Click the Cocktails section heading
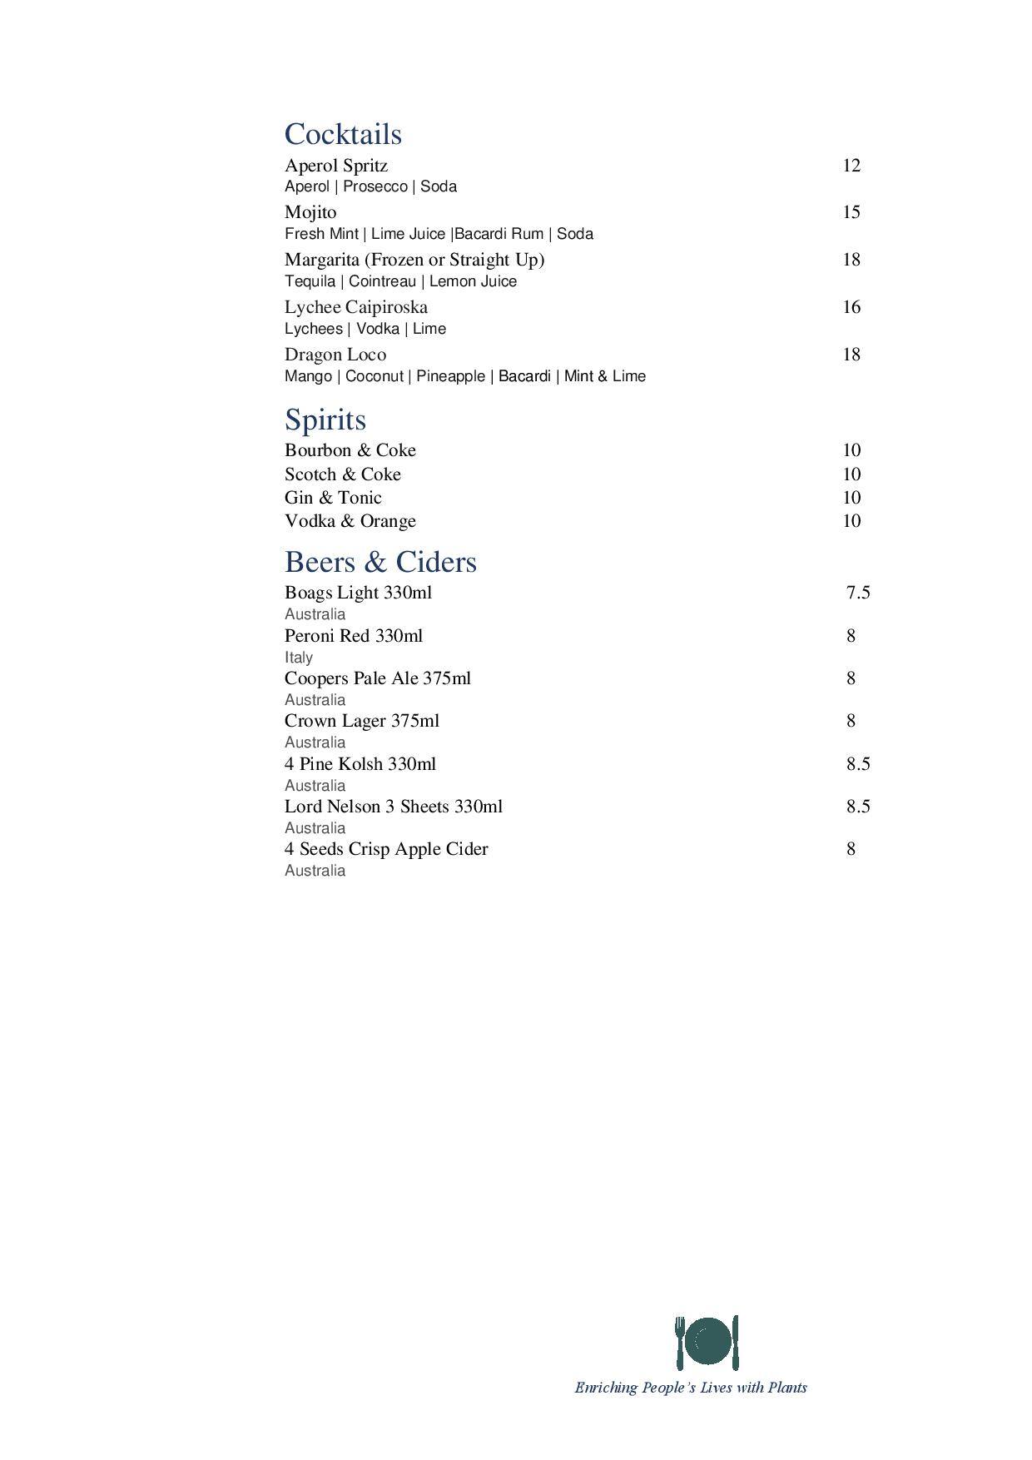343,134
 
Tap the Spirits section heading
325,420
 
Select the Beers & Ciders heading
380,562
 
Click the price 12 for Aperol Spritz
851,166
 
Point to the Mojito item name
310,212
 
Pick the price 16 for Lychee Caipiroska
851,307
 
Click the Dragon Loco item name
335,355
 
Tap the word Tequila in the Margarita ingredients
310,281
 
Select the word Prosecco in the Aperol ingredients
375,186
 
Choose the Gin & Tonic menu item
333,498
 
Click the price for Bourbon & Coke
851,450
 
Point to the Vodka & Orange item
350,521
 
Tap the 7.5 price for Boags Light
858,593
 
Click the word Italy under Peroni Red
298,658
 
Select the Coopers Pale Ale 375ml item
377,678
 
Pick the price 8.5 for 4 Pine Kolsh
858,764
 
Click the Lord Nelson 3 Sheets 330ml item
393,807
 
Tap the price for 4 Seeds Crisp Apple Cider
851,849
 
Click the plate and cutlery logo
707,1342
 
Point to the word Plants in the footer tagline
786,1388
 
